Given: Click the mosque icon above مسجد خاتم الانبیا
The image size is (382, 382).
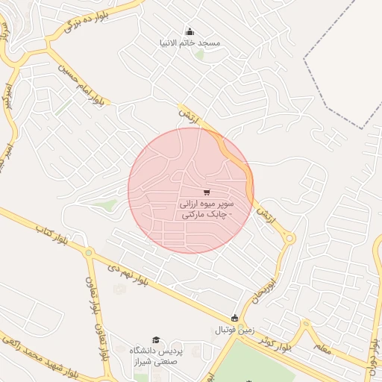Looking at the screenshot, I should click(189, 31).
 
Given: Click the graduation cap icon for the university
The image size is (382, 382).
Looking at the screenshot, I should click(156, 339).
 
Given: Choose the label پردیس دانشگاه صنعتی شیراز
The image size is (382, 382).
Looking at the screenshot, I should click(156, 356).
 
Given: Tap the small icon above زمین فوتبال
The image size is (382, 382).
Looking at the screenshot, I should click(235, 319).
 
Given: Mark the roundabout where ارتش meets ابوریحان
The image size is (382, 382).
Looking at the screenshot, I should click(289, 239).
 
